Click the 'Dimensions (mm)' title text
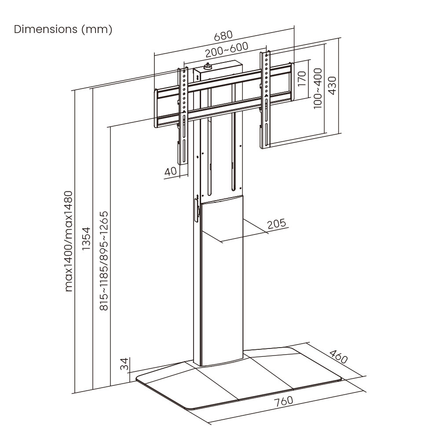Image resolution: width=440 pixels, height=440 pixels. tap(63, 29)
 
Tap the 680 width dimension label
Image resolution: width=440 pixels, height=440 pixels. tap(223, 35)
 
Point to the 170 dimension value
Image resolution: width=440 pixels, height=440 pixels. tap(301, 79)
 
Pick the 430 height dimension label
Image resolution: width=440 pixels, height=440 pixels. tap(332, 85)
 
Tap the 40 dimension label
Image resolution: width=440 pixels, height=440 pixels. tap(170, 171)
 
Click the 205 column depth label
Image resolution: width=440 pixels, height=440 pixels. tap(276, 223)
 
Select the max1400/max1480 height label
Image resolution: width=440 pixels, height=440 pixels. tap(69, 241)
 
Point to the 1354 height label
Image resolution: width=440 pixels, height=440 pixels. tap(86, 239)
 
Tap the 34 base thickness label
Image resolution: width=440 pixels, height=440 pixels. tap(125, 364)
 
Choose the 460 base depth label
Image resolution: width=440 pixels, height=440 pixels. tap(338, 356)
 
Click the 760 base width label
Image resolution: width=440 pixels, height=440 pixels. tap(283, 402)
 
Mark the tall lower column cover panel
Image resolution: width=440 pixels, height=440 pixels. tap(220, 282)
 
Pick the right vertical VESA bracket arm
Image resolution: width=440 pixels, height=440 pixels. tap(266, 99)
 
